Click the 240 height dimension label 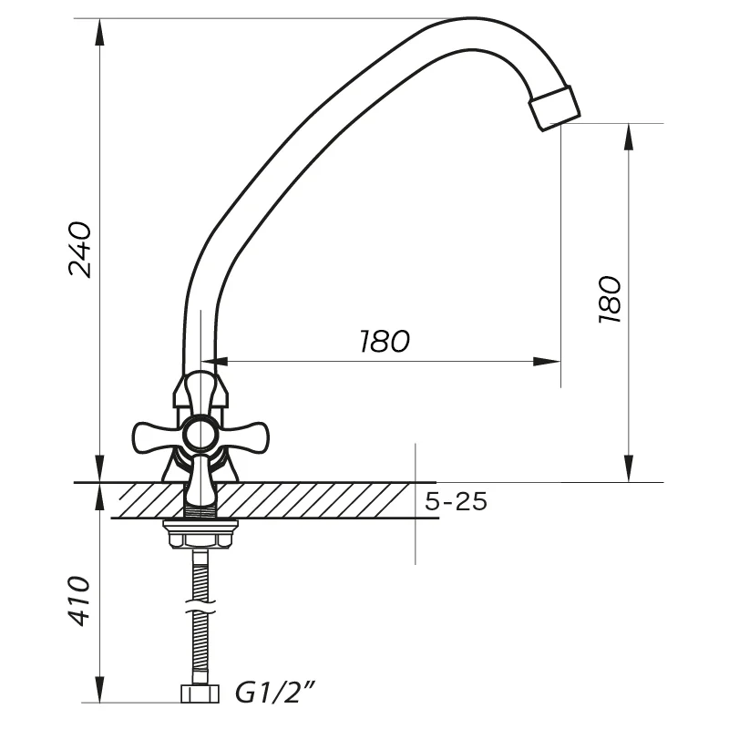tap(80, 250)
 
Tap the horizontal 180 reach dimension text tap(385, 341)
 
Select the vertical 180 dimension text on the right tap(610, 300)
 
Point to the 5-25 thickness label tap(457, 501)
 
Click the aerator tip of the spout tap(555, 108)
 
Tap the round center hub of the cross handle tap(200, 435)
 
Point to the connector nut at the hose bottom tap(200, 693)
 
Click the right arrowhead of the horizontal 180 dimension tap(547, 361)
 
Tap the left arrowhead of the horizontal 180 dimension tap(214, 361)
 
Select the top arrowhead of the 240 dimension tap(99, 33)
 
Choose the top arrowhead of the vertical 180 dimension tap(629, 138)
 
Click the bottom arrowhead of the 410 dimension tap(99, 689)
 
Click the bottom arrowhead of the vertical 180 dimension tap(629, 468)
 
